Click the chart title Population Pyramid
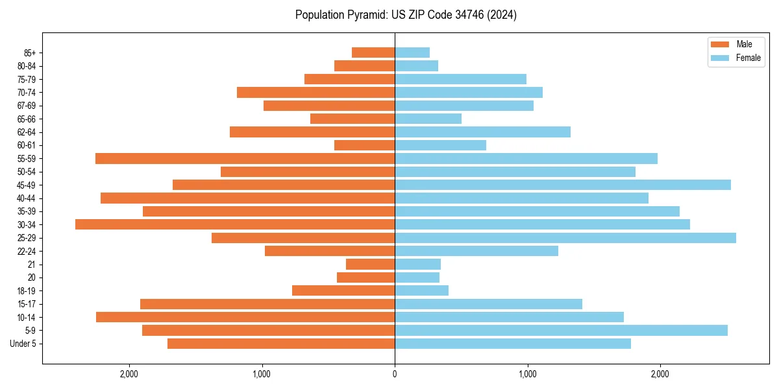[x=406, y=15]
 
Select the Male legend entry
[x=744, y=44]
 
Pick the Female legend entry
[x=748, y=58]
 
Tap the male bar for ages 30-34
[x=235, y=224]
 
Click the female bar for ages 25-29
[x=565, y=238]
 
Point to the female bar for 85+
[x=412, y=53]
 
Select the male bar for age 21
[x=370, y=265]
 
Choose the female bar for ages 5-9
[x=561, y=331]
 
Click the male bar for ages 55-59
[x=245, y=158]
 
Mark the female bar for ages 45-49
[x=563, y=185]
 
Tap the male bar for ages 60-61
[x=364, y=145]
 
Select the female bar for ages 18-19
[x=421, y=290]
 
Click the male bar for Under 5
[x=281, y=344]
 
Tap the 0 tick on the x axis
[x=395, y=374]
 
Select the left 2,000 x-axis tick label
[x=129, y=374]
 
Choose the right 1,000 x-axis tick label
[x=527, y=374]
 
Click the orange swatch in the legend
[x=720, y=44]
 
